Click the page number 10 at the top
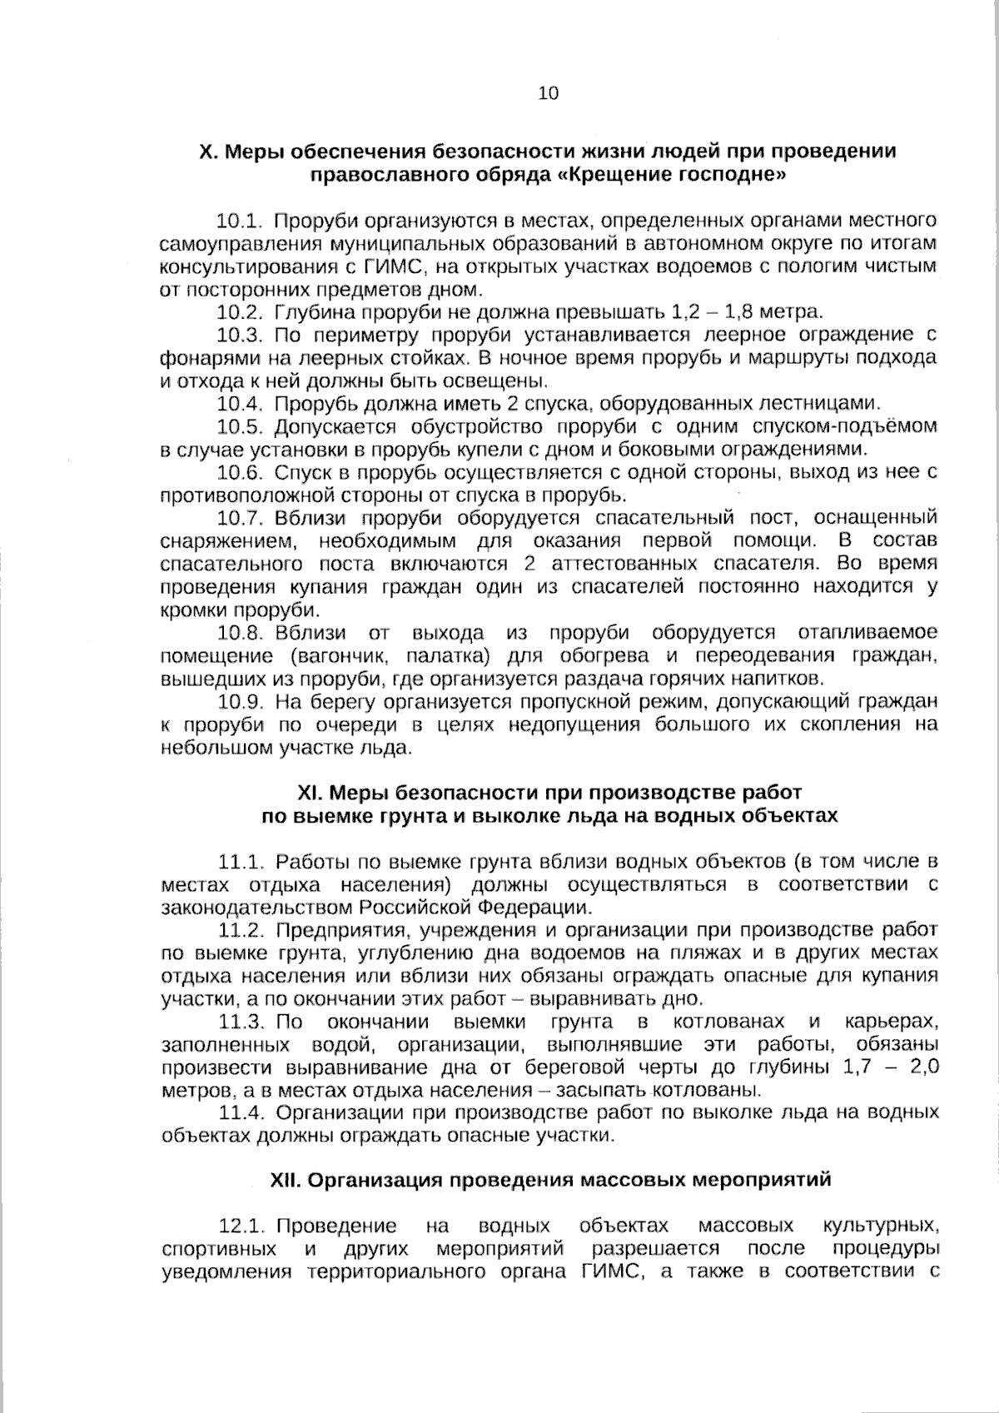[x=549, y=93]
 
